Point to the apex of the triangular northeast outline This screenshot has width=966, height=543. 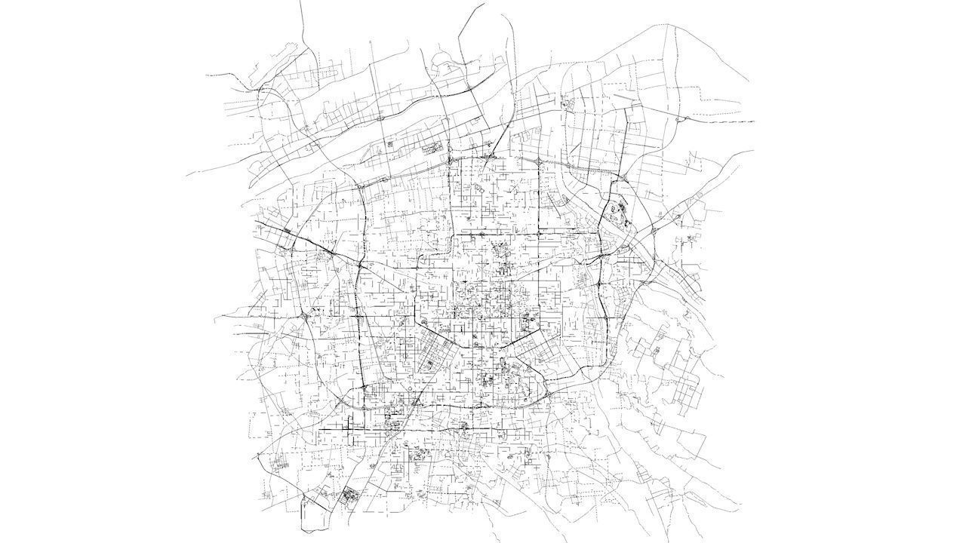click(x=672, y=26)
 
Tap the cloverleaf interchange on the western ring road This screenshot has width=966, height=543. click(x=303, y=318)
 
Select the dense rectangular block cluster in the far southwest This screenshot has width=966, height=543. click(x=349, y=497)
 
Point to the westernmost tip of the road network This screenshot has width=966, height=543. click(x=186, y=175)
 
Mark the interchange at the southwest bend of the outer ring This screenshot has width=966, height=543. click(x=349, y=400)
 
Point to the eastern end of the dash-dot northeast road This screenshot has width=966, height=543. click(x=752, y=121)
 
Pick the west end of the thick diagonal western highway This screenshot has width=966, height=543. click(x=257, y=220)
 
